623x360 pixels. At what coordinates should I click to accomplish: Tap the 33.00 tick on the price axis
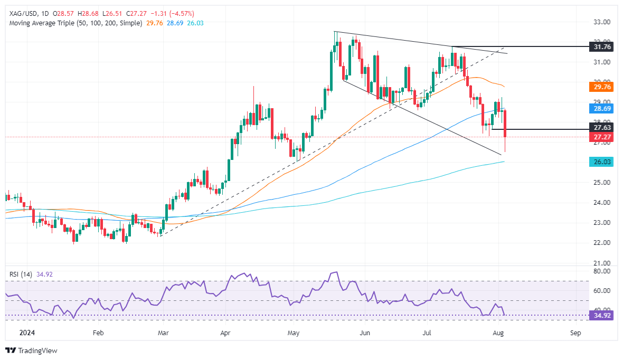[602, 22]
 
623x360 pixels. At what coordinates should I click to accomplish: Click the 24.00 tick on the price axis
[602, 203]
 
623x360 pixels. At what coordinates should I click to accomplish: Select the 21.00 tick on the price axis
[602, 263]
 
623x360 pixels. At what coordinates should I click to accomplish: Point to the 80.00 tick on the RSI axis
[602, 271]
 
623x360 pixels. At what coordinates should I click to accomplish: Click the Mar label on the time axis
[163, 334]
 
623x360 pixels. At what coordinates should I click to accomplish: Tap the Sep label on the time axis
[575, 334]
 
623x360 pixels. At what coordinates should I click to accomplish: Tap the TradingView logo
[31, 350]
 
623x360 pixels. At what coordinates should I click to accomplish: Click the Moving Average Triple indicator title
[74, 23]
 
